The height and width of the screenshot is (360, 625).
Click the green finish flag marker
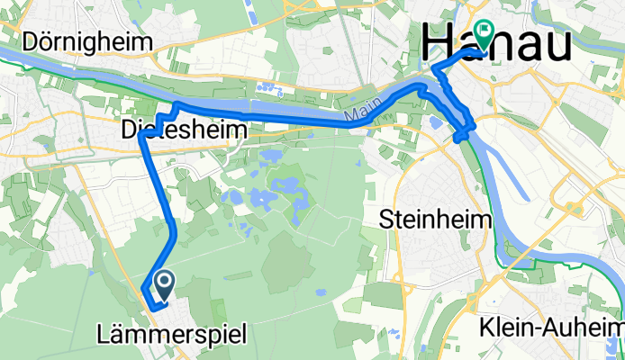[484, 34]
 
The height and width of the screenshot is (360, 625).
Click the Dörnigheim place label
[88, 41]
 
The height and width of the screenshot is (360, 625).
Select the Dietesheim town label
[183, 131]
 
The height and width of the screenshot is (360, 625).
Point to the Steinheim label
[436, 218]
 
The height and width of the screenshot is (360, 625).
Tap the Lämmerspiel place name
[169, 336]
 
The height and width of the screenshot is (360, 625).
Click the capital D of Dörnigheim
[34, 41]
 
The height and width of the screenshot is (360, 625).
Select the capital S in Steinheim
[388, 218]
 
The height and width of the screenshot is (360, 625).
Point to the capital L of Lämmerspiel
[101, 336]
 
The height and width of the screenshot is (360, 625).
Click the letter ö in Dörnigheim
[50, 41]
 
